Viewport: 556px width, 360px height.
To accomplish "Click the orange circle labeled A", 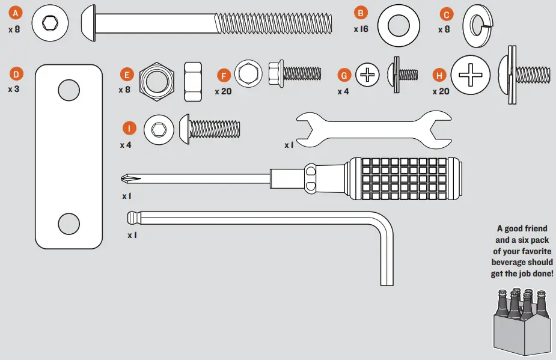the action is tap(15, 13).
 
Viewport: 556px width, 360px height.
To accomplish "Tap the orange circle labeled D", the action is tap(16, 74).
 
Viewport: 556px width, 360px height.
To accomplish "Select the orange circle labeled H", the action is tap(439, 75).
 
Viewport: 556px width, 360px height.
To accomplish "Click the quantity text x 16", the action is tap(361, 29).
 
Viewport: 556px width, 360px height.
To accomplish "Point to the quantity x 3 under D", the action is tap(13, 89).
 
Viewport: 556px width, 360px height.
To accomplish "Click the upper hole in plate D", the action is tap(69, 90).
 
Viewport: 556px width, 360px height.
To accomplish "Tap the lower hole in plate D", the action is tap(69, 224).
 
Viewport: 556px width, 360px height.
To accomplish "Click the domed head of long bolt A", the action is tap(88, 23).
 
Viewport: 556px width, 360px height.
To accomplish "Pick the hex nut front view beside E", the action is tap(157, 82).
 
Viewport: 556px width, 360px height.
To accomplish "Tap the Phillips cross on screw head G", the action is tap(367, 75).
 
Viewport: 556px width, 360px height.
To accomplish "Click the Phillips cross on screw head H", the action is tap(471, 75).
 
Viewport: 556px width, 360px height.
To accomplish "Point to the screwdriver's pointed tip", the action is tap(122, 178).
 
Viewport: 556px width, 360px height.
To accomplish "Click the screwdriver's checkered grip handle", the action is tap(405, 178).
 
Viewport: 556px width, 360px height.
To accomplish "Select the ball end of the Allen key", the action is tap(132, 218).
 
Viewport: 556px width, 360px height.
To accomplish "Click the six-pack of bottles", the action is tap(521, 322).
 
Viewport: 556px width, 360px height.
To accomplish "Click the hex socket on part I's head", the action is tap(159, 129).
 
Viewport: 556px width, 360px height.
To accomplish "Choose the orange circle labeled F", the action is tap(224, 76).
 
